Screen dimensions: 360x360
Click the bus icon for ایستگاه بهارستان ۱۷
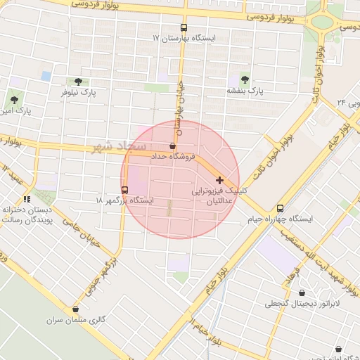point(184,27)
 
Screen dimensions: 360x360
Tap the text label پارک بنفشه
point(245,90)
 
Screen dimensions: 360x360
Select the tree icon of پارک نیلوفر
point(77,82)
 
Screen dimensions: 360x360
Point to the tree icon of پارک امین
point(15,100)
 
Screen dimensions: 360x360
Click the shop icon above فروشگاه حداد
point(173,146)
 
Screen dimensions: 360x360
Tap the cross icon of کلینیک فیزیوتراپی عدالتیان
point(220,181)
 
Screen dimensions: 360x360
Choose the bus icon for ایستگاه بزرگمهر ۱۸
point(125,190)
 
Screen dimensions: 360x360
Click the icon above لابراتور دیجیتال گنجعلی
point(302,293)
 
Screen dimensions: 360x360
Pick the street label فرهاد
point(293,275)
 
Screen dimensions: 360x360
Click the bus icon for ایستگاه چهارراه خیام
point(281,208)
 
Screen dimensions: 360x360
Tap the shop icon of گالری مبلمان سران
point(75,309)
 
